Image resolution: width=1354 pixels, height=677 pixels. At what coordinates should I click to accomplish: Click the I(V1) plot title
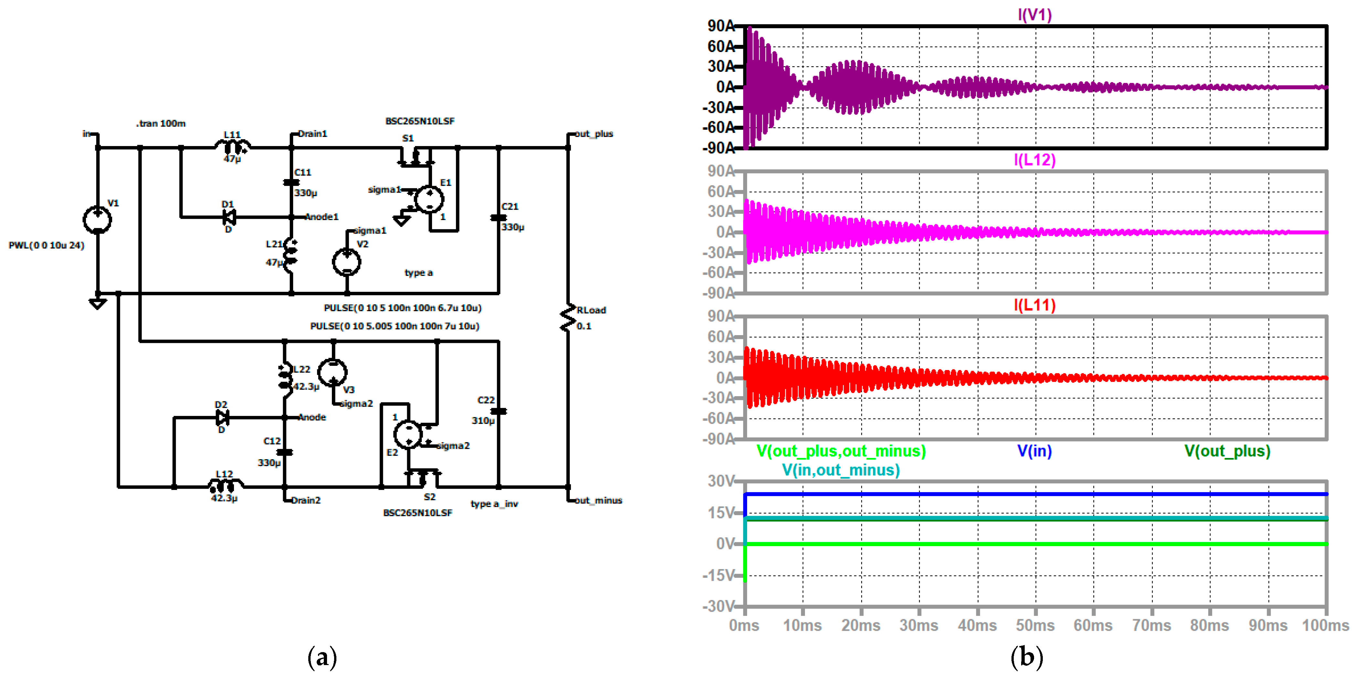click(x=1034, y=15)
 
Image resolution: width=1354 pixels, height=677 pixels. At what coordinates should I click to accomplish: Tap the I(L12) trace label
click(x=1034, y=160)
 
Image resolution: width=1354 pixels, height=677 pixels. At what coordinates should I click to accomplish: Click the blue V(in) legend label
click(x=1034, y=451)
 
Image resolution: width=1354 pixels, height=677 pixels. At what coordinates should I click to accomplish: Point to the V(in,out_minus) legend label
click(x=841, y=470)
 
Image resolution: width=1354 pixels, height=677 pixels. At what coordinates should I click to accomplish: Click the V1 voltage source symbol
click(x=97, y=220)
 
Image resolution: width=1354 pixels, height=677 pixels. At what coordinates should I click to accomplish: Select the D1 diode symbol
click(x=229, y=217)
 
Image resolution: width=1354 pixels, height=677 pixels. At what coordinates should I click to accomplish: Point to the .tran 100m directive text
click(x=161, y=123)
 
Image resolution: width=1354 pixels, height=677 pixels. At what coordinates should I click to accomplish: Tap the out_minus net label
click(x=598, y=500)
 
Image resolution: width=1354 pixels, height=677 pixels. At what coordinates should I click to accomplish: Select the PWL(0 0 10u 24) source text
click(x=46, y=246)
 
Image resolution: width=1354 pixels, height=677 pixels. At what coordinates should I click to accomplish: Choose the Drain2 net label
click(x=306, y=500)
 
